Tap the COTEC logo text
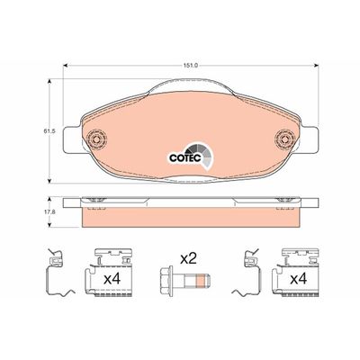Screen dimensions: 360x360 [185, 157]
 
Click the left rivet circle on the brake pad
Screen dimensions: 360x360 [96, 139]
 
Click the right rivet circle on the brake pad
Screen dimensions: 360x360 [285, 139]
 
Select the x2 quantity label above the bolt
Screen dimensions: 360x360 [188, 258]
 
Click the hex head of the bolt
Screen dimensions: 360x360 [166, 281]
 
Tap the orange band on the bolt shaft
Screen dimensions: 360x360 [199, 281]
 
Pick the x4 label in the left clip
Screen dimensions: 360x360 [112, 279]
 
